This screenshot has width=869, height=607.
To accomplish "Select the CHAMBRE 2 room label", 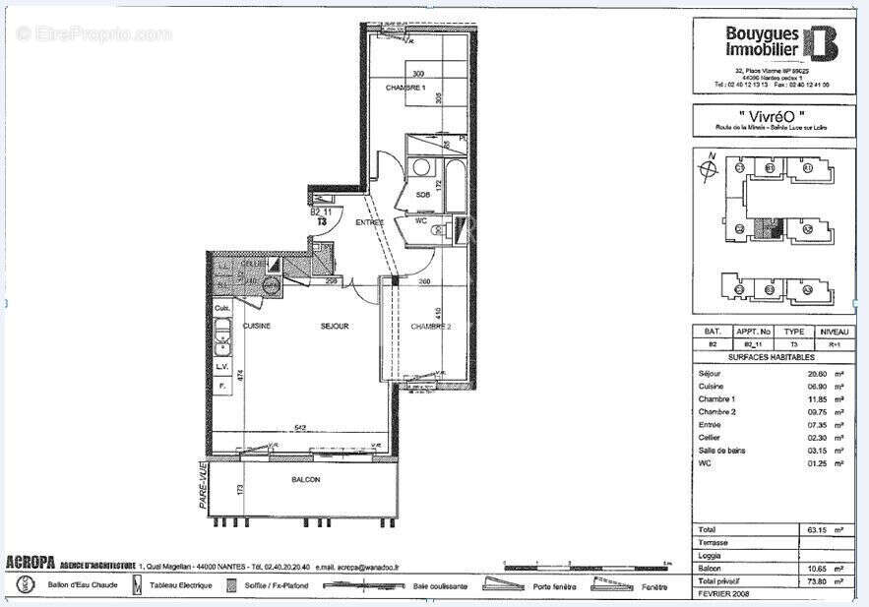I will coord(430,327).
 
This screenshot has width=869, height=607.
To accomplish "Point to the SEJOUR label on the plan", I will coord(335,326).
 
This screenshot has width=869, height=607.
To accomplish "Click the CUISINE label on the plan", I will coord(257,326).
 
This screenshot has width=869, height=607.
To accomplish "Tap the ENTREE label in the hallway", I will coord(369,222).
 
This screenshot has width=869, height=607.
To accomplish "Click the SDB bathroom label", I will coord(422,195).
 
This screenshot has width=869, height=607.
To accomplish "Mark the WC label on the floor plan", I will coord(420,221).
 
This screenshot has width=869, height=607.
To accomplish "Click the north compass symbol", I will coord(705,168).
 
